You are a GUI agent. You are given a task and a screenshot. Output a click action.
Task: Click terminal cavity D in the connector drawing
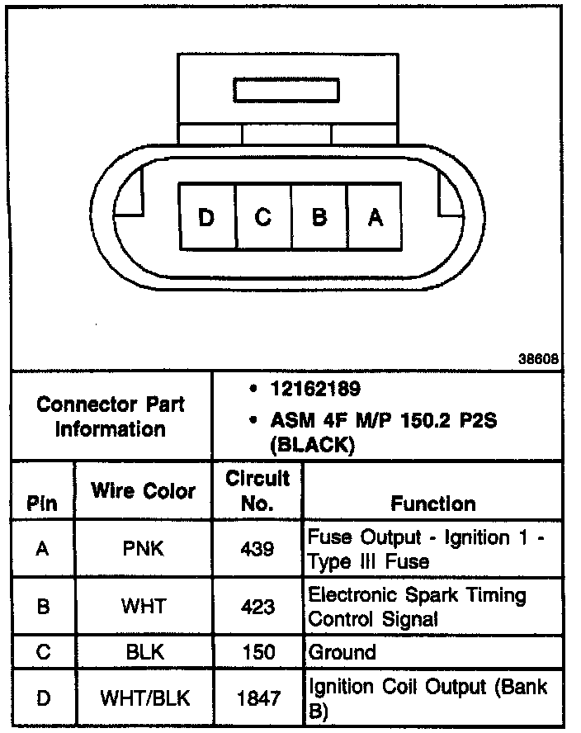[x=206, y=217]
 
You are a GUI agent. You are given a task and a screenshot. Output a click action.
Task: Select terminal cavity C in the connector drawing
[x=263, y=217]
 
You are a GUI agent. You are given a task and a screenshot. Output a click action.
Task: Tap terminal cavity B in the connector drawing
[x=319, y=217]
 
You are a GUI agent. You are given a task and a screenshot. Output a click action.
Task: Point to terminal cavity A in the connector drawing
[x=376, y=217]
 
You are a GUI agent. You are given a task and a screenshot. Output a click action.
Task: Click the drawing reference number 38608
[x=539, y=359]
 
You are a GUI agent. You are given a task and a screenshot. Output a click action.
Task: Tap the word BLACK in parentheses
[x=313, y=445]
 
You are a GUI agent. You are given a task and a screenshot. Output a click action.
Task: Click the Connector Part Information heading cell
[x=111, y=416]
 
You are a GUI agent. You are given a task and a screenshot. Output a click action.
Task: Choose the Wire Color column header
[x=144, y=491]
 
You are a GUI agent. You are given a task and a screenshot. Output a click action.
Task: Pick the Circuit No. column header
[x=257, y=490]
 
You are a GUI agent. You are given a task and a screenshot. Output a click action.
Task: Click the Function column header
[x=433, y=504]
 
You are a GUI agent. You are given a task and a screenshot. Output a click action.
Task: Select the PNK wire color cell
[x=144, y=549]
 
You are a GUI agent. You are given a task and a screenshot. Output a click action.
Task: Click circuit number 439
[x=257, y=549]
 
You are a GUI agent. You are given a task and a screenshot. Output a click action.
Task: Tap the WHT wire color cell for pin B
[x=144, y=607]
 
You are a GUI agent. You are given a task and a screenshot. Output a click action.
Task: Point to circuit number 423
[x=257, y=607]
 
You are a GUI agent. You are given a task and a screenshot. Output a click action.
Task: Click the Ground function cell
[x=342, y=652]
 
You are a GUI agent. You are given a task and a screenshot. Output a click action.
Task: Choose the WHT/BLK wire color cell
[x=145, y=698]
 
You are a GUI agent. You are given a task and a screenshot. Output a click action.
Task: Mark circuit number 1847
[x=257, y=698]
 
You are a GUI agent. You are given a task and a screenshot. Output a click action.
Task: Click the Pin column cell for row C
[x=43, y=652]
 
